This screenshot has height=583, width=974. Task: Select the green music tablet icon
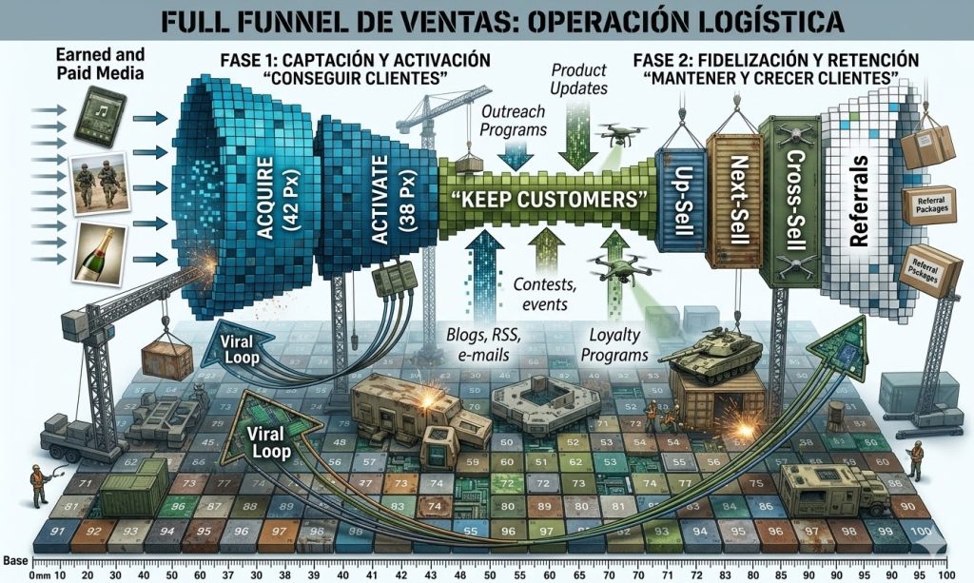point(100,113)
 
